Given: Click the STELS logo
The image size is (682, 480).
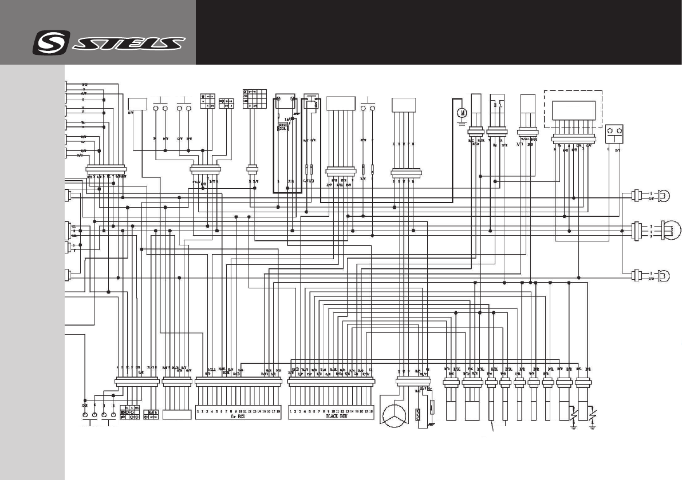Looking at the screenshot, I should click(x=109, y=43).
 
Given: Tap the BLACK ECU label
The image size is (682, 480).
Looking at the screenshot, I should click(x=332, y=417).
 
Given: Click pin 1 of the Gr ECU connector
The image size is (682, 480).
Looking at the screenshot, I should click(x=198, y=411).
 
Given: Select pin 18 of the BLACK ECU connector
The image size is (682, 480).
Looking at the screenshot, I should click(x=371, y=411).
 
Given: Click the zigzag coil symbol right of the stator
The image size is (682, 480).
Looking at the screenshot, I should click(x=418, y=413).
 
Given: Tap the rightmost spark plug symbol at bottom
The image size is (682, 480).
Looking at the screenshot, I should click(x=590, y=413).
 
